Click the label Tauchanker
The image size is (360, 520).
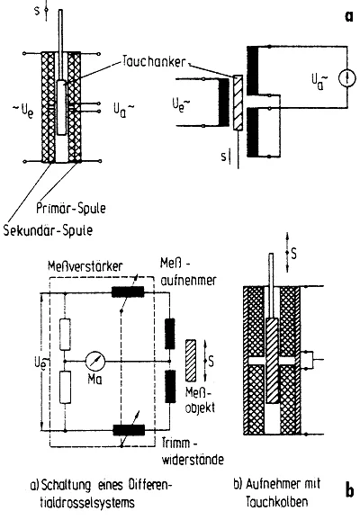pyautogui.click(x=153, y=62)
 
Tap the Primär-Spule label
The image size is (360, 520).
pyautogui.click(x=71, y=208)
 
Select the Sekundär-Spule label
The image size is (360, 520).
pyautogui.click(x=48, y=229)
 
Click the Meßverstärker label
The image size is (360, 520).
pyautogui.click(x=85, y=266)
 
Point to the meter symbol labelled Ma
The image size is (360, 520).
pyautogui.click(x=95, y=361)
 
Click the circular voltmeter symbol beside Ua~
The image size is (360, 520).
pyautogui.click(x=347, y=78)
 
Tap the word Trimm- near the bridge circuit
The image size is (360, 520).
pyautogui.click(x=180, y=443)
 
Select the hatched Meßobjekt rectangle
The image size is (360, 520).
pyautogui.click(x=191, y=361)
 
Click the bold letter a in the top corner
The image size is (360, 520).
pyautogui.click(x=349, y=16)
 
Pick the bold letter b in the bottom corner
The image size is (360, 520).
pyautogui.click(x=349, y=489)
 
